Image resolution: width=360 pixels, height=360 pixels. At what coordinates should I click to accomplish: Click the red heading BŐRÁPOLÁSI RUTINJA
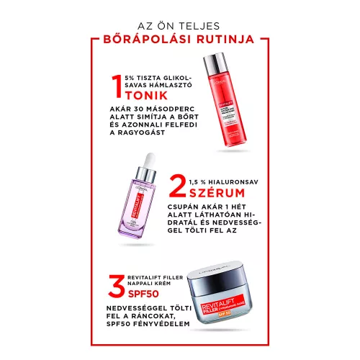(x=180, y=40)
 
